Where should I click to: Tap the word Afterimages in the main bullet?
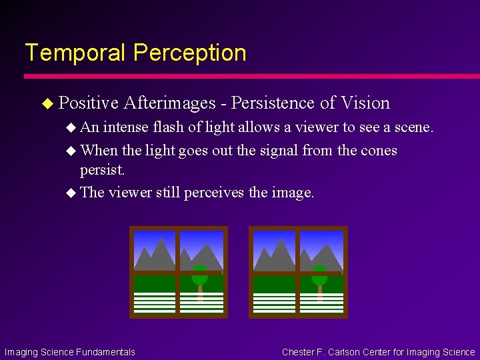click(169, 103)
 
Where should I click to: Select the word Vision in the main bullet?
click(365, 103)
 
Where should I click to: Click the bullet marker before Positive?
click(46, 103)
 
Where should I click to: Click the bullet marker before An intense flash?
click(71, 127)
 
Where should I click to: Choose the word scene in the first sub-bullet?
click(415, 127)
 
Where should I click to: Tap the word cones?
click(379, 151)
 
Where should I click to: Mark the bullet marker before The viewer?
click(71, 193)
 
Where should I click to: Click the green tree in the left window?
click(199, 275)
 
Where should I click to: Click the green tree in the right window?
click(319, 275)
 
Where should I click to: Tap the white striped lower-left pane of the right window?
click(274, 302)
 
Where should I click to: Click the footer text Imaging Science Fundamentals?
click(70, 352)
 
